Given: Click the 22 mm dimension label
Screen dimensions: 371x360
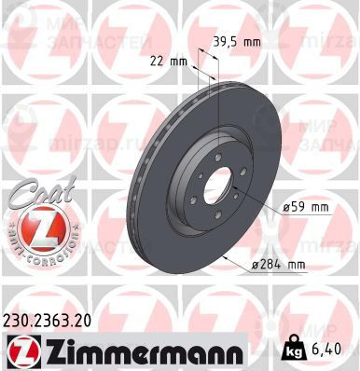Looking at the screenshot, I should click(x=174, y=62).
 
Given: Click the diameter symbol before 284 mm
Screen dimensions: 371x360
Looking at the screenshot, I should click(x=256, y=267).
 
